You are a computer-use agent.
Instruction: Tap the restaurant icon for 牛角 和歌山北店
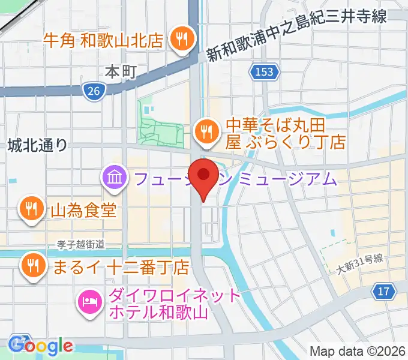(180, 40)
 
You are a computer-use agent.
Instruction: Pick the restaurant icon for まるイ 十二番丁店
(31, 265)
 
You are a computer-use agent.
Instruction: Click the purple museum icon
(113, 178)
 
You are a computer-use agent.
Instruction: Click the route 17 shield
(383, 292)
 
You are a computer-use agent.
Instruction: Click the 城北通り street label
(38, 145)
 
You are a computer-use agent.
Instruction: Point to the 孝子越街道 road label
(81, 244)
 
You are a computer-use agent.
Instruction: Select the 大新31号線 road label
(359, 263)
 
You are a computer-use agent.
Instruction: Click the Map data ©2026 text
(358, 351)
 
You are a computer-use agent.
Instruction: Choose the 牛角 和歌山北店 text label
(104, 40)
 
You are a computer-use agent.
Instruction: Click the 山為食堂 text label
(82, 210)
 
